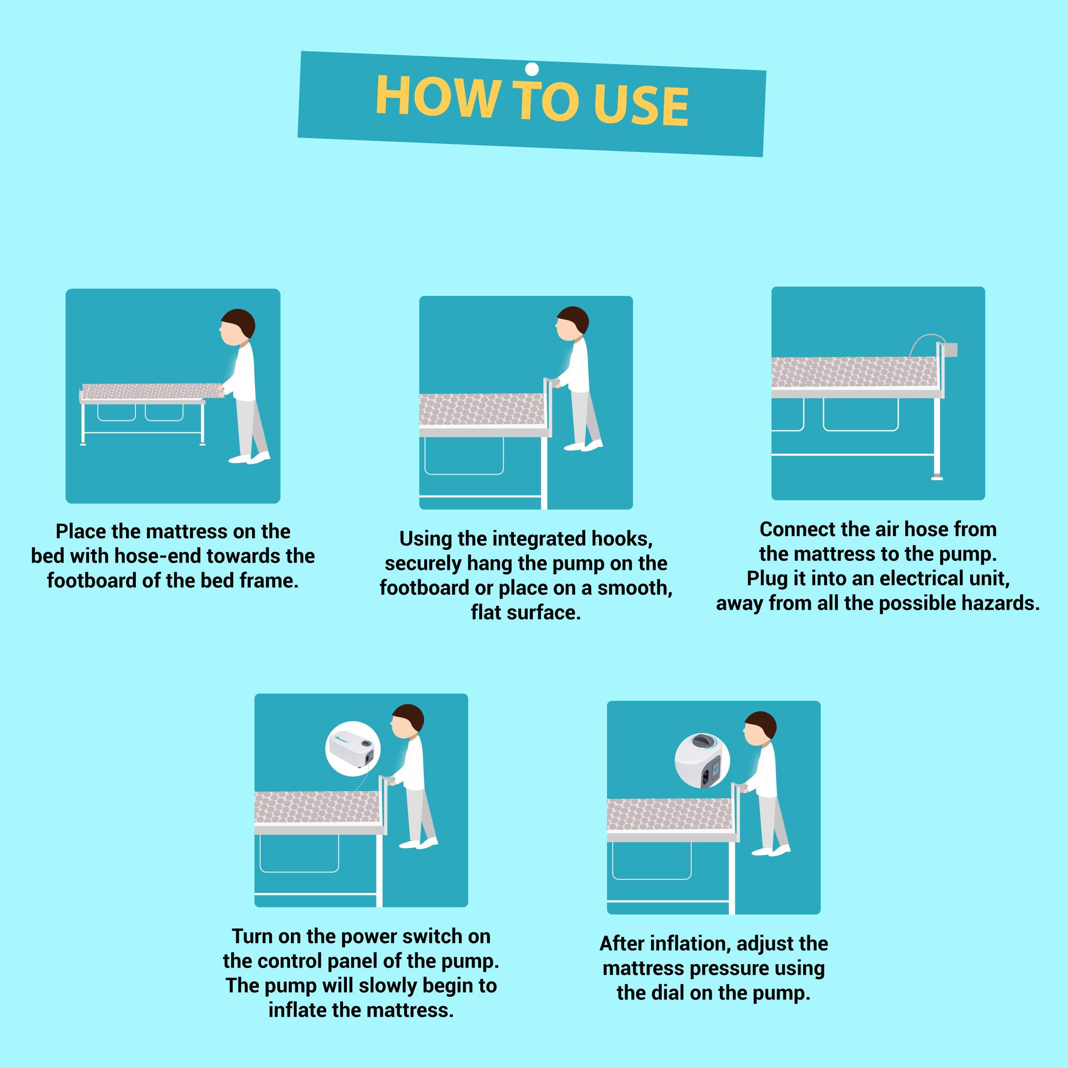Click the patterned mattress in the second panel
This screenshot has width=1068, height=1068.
coord(481,410)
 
